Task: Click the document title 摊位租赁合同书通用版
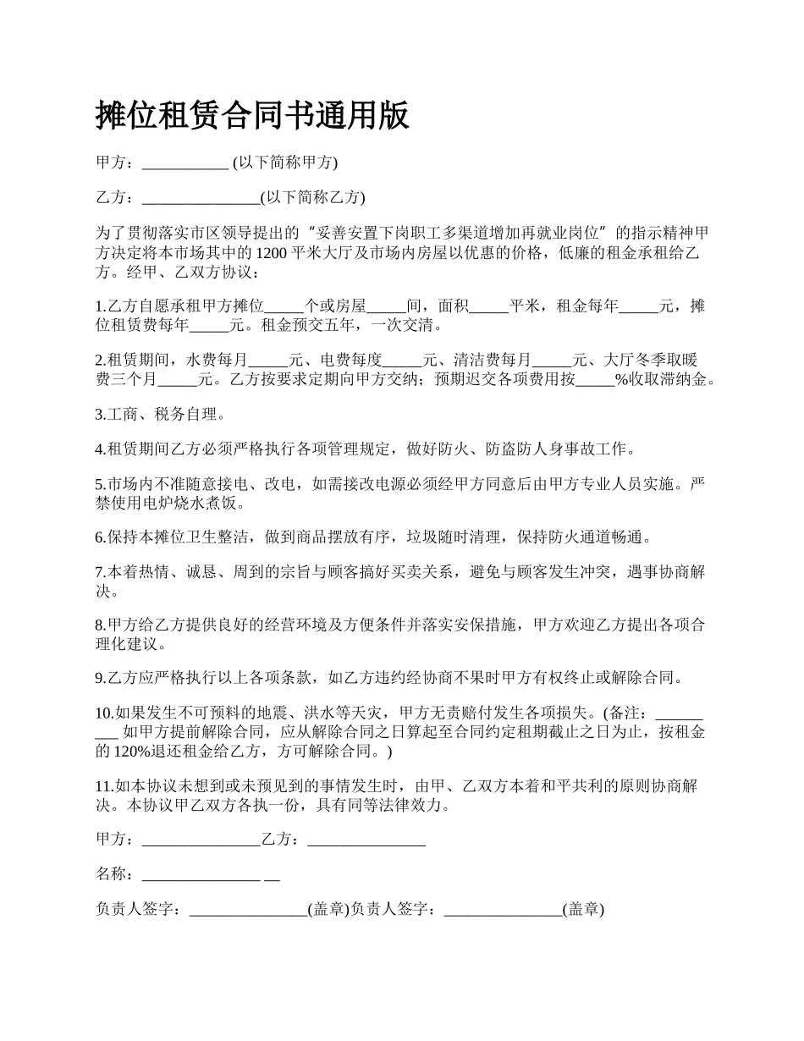pos(252,115)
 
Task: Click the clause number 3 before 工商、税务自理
pos(99,415)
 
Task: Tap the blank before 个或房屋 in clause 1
pos(285,306)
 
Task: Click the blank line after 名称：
pos(201,874)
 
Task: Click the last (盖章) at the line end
pos(583,909)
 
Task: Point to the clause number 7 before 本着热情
pos(99,572)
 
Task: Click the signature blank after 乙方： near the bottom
pos(366,840)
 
